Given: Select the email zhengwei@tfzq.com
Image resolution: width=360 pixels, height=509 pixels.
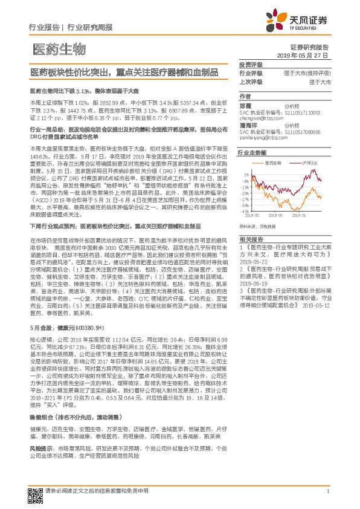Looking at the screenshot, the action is [x=262, y=118].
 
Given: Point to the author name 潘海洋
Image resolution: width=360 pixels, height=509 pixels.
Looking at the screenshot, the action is [x=247, y=125].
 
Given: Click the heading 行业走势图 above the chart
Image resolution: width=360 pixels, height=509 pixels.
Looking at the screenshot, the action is [x=252, y=154].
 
